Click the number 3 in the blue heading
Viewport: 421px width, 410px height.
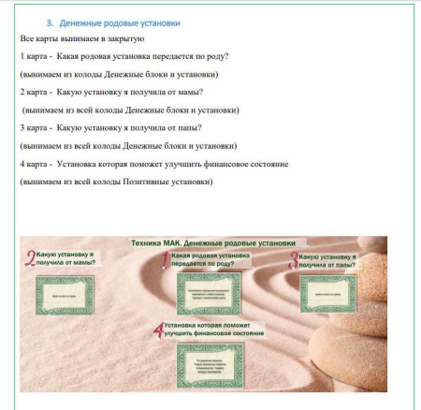click(50, 22)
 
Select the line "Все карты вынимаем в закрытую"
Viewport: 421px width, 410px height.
click(81, 38)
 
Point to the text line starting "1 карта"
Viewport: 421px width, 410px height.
click(124, 56)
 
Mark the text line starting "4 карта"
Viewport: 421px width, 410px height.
click(153, 164)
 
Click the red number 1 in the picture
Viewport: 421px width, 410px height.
click(166, 259)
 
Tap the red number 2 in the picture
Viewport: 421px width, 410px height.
click(30, 257)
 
